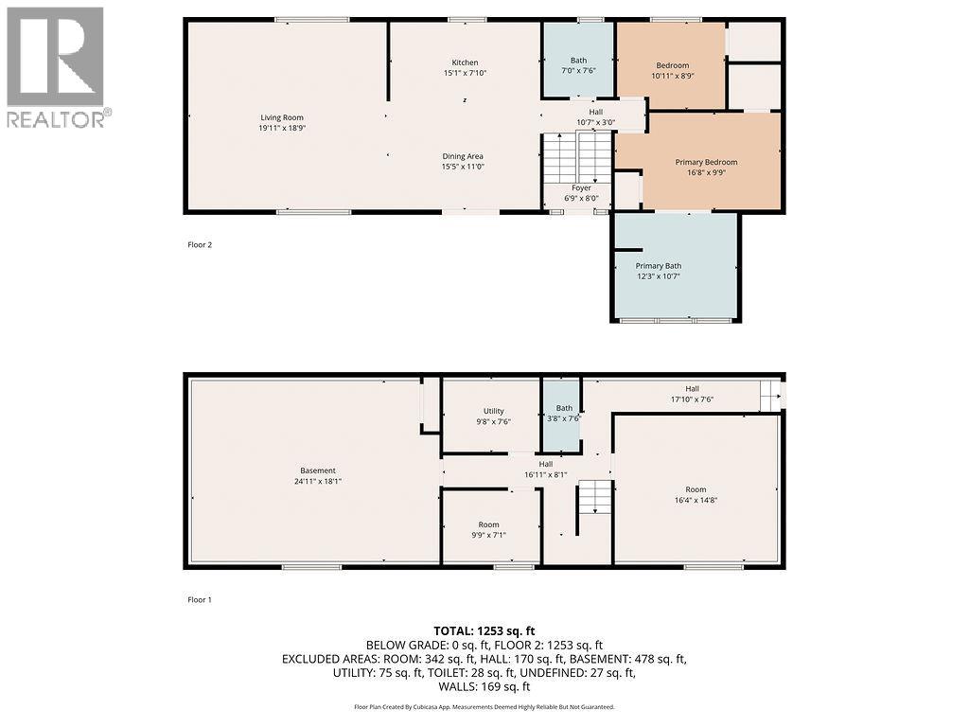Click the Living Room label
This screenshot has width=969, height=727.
click(x=282, y=117)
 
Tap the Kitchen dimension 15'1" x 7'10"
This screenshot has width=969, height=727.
click(x=465, y=73)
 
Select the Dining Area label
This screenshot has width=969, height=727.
click(x=463, y=156)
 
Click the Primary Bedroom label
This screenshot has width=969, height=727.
click(x=706, y=162)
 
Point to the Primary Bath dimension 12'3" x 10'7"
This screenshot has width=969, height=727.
click(x=658, y=275)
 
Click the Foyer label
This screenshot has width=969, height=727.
click(x=581, y=187)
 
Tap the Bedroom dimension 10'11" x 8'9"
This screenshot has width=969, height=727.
click(x=673, y=76)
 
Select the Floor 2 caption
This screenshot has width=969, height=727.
click(x=200, y=245)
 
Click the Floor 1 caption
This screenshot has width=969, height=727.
click(x=200, y=599)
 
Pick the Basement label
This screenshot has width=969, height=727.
click(x=318, y=470)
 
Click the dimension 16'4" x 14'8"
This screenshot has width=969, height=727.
click(x=696, y=500)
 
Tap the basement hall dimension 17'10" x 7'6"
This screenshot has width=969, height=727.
click(x=692, y=399)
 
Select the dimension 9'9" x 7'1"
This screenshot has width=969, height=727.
click(x=488, y=535)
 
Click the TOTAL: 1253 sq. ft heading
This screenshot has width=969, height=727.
click(x=484, y=630)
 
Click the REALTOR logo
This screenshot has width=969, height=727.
click(x=57, y=66)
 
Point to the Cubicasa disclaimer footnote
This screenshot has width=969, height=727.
click(x=484, y=707)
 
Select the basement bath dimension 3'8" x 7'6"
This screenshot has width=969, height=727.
click(x=564, y=419)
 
